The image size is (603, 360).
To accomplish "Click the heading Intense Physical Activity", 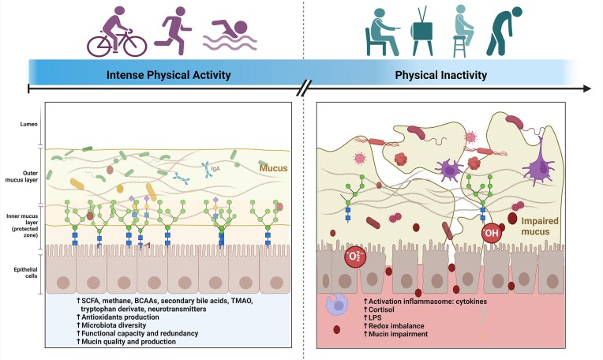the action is pyautogui.click(x=168, y=76).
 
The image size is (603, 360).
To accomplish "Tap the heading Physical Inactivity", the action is pyautogui.click(x=440, y=76).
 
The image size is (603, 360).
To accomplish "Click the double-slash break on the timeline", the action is pyautogui.click(x=301, y=89).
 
